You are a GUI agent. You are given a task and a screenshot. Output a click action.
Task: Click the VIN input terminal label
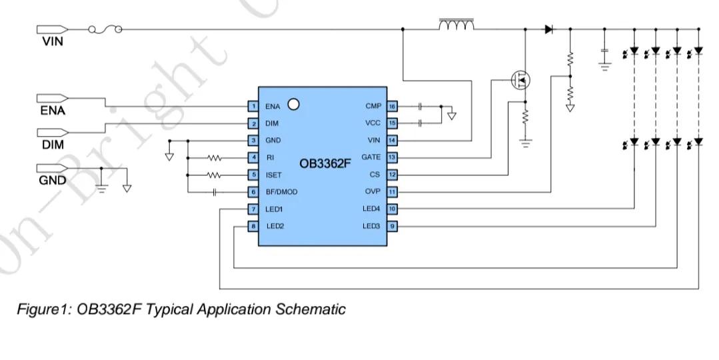click(x=51, y=41)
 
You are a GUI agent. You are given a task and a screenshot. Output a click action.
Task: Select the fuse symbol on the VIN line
click(x=105, y=29)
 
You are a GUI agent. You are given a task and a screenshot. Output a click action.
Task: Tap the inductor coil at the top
click(x=456, y=26)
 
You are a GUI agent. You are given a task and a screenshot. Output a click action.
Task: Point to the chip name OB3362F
click(x=325, y=163)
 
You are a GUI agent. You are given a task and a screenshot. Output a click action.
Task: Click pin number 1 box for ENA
click(x=253, y=106)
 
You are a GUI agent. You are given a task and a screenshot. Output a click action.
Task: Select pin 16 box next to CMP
click(x=392, y=106)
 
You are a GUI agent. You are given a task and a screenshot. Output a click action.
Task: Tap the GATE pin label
click(x=371, y=157)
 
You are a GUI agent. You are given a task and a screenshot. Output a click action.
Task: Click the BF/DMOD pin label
click(x=281, y=192)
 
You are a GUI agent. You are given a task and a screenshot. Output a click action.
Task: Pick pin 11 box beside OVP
click(x=392, y=192)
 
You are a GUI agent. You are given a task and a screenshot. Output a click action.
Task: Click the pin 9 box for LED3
click(x=392, y=226)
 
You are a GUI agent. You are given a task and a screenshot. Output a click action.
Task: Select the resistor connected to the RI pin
click(x=214, y=158)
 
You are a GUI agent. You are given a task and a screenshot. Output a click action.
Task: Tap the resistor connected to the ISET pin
click(x=214, y=175)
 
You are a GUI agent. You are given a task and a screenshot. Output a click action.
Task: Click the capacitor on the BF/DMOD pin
click(x=215, y=192)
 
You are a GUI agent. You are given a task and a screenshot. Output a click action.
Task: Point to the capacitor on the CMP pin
click(x=420, y=106)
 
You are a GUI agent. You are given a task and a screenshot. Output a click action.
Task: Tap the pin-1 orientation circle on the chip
click(x=292, y=104)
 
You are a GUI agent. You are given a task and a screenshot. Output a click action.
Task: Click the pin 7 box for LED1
click(x=253, y=209)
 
